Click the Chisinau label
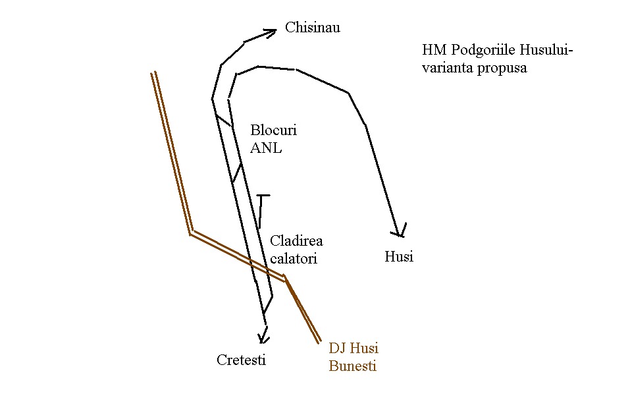pos(313,28)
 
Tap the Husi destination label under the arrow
pos(398,257)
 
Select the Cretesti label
pos(242,360)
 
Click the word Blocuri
pos(273,130)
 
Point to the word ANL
pos(266,148)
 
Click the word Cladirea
pos(297,241)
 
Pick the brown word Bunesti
pos(352,366)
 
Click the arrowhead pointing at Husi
pos(398,232)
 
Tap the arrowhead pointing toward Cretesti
pos(263,338)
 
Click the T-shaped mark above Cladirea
pos(263,196)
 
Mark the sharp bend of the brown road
pos(190,233)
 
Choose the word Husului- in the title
pos(546,50)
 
